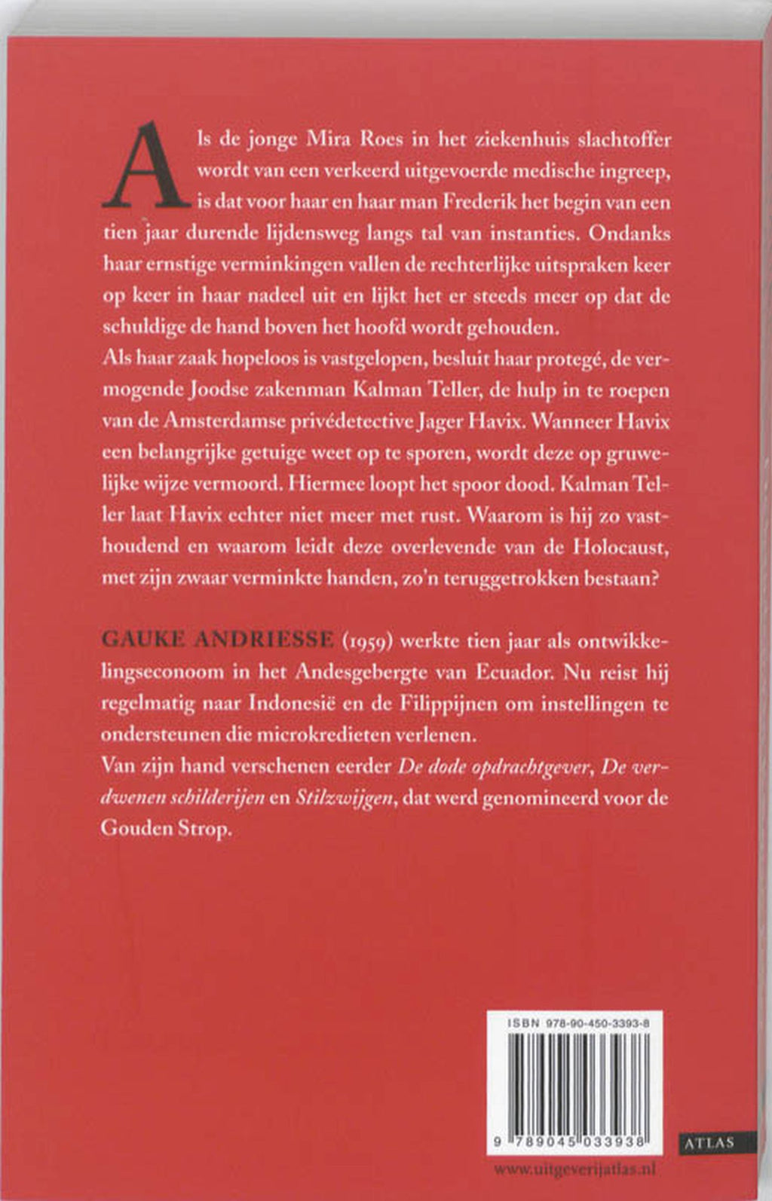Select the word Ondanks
pyautogui.click(x=629, y=234)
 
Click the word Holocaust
pyautogui.click(x=620, y=547)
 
